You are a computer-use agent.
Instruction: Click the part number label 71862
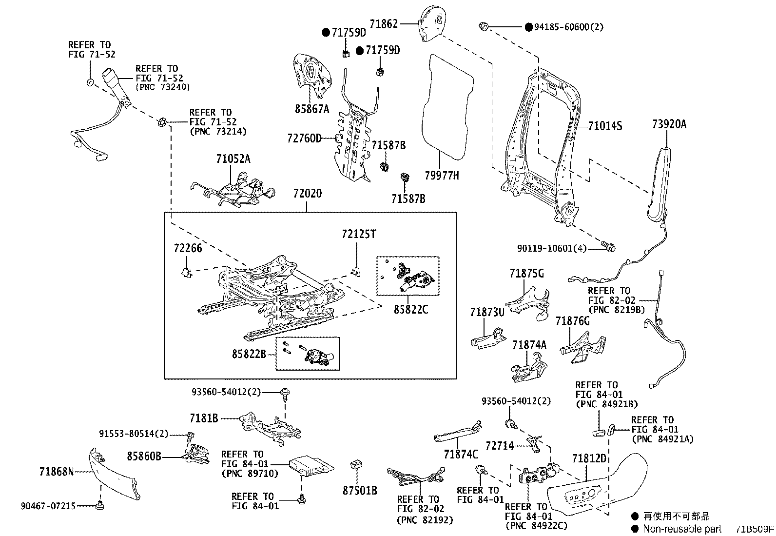tap(384, 23)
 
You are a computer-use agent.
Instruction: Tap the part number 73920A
tap(669, 124)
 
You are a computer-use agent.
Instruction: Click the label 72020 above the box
tap(307, 194)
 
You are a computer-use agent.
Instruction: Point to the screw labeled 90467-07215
tap(100, 505)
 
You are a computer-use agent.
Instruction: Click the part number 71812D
tap(589, 458)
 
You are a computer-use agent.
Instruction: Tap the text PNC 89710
tap(250, 473)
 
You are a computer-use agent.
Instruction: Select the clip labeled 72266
tap(186, 272)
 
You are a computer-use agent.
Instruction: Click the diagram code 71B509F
tap(755, 529)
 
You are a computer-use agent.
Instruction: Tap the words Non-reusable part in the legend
tap(681, 529)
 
